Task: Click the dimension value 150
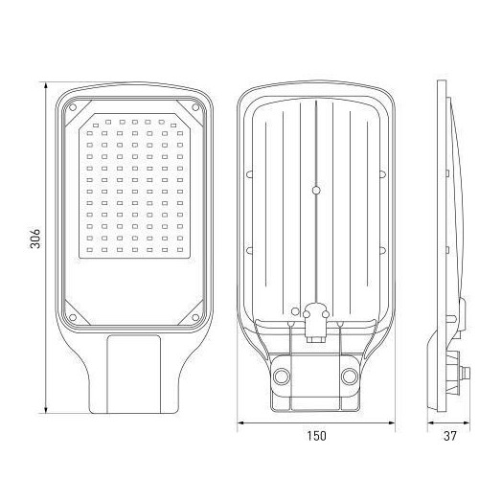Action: [x=317, y=435]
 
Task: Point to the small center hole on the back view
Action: [x=317, y=190]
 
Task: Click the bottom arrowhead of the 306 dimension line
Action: [x=47, y=412]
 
